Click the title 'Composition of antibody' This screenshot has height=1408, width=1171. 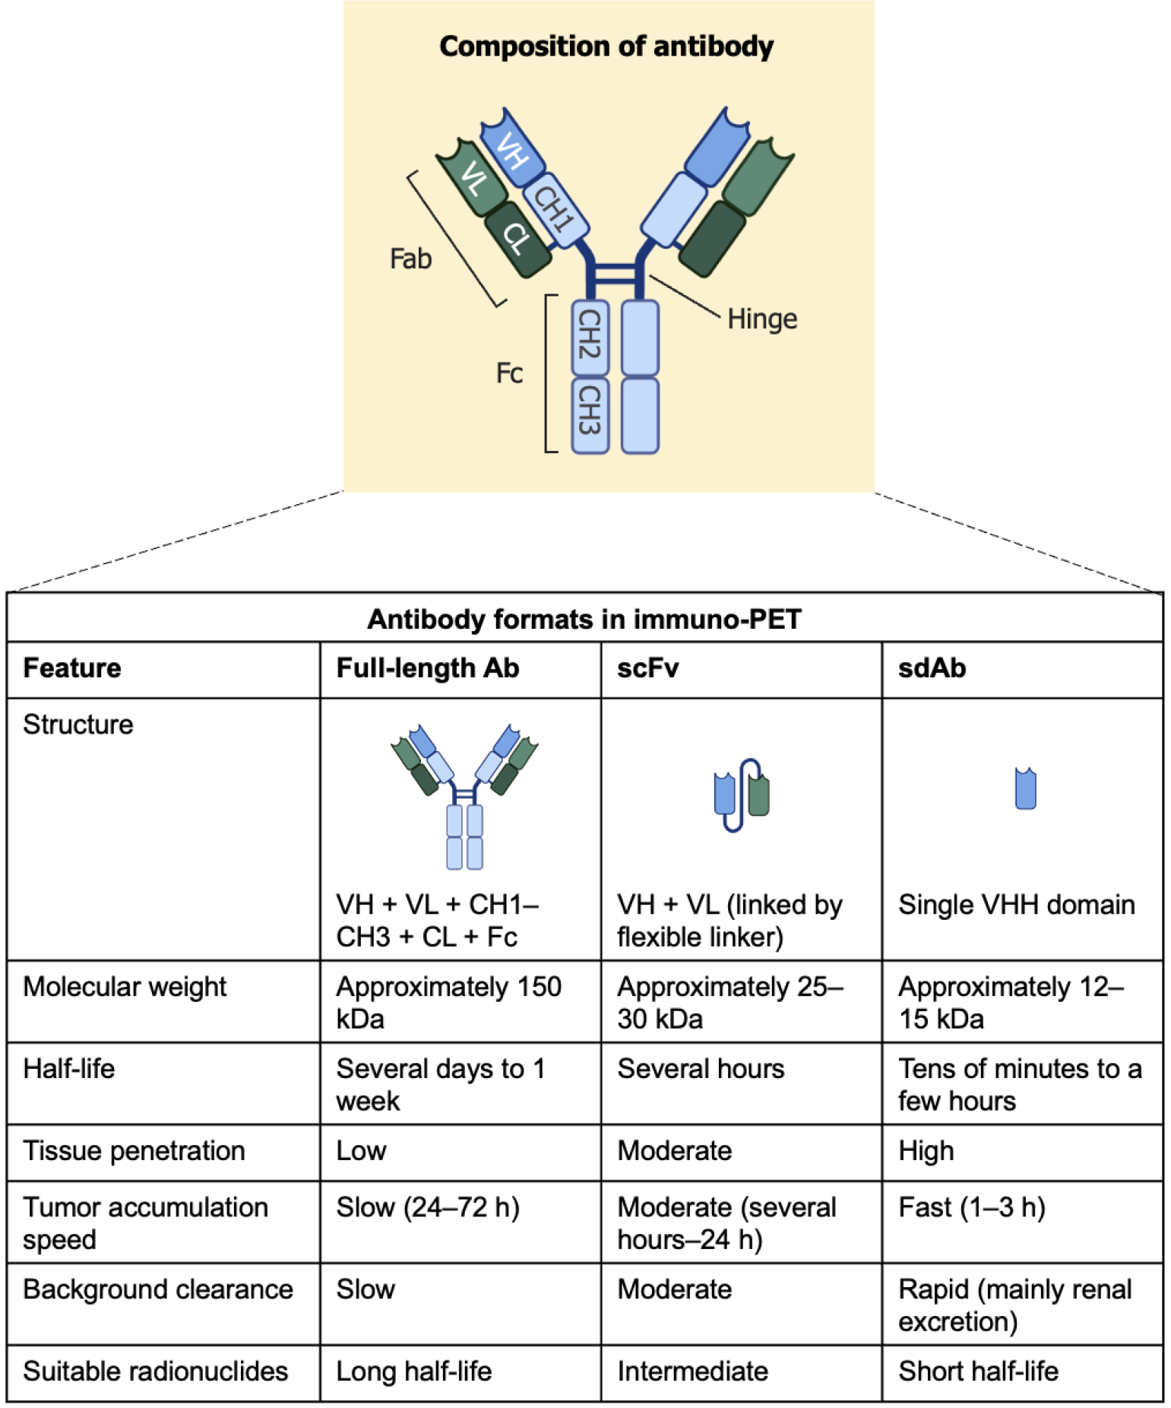tap(606, 46)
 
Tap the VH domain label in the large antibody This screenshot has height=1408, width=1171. tap(513, 151)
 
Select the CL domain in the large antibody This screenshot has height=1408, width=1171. tap(517, 239)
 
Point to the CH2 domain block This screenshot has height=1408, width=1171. tap(590, 335)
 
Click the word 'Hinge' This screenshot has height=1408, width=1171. tap(761, 319)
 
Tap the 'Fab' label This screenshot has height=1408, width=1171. tap(410, 259)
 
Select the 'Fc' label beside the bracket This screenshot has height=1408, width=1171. tap(509, 373)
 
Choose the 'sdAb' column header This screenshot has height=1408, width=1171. tap(932, 668)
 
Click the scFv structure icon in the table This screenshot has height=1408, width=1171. tap(740, 794)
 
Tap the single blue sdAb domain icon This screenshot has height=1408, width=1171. tap(1025, 788)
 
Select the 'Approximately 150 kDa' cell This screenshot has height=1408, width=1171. tap(448, 1002)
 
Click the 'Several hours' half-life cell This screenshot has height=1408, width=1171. tap(700, 1069)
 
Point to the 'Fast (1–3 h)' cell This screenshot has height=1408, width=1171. tap(971, 1207)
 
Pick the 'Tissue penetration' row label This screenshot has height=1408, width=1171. tap(134, 1151)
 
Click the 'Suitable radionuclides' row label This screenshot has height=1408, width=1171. tap(155, 1372)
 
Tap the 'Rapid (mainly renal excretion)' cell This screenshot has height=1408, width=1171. tap(1014, 1305)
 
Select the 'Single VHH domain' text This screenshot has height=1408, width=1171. tap(1016, 905)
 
